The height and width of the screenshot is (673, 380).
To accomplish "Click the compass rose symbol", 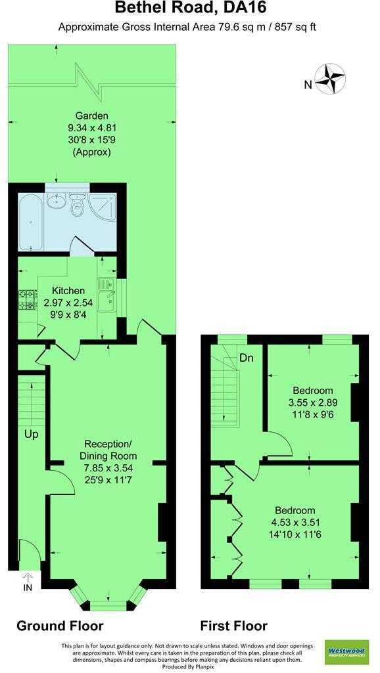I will point(330,78).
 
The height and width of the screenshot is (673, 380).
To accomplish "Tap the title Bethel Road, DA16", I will point(191,9).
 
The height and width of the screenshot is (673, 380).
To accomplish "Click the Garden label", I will point(91,116).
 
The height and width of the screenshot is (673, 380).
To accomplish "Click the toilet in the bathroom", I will point(77,207).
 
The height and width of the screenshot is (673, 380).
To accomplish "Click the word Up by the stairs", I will point(32,434).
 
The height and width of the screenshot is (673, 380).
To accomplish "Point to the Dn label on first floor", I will point(247,358).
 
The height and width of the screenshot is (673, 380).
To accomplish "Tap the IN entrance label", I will point(28,586).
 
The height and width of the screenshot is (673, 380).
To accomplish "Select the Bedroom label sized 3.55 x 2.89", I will point(312,390).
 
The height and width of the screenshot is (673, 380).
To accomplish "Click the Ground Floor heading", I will point(60,625).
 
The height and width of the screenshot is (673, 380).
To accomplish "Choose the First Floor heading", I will point(234,625).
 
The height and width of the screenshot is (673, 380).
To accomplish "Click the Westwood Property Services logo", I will point(346,653).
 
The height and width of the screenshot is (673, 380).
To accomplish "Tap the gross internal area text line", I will point(191,28).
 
